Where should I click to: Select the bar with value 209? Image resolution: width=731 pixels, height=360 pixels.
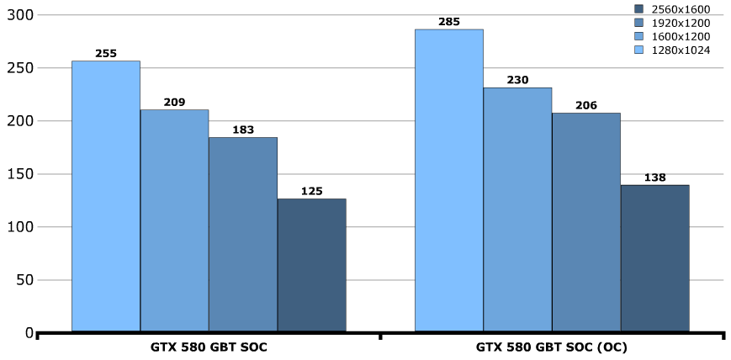[x=174, y=220]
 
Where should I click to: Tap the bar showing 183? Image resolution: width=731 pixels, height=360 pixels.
[x=243, y=235]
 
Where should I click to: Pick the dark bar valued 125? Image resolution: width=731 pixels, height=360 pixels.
[x=311, y=265]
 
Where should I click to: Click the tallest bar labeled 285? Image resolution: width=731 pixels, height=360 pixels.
[x=449, y=180]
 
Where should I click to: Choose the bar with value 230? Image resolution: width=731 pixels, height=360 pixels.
[x=517, y=209]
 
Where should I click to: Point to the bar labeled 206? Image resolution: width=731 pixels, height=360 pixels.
[x=586, y=222]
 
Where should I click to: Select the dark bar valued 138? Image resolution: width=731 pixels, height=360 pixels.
[x=654, y=258]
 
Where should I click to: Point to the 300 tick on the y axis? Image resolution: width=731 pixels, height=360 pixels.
[x=18, y=15]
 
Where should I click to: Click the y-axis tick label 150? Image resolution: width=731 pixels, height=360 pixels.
[x=18, y=174]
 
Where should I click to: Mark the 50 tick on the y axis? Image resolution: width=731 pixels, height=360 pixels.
[x=22, y=280]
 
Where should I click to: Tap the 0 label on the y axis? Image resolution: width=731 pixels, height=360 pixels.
[x=29, y=333]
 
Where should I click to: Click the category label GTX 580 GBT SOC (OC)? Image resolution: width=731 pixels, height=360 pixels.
[x=552, y=347]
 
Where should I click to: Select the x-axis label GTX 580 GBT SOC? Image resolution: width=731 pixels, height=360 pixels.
[x=209, y=347]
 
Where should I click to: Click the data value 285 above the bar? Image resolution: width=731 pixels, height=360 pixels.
[x=449, y=22]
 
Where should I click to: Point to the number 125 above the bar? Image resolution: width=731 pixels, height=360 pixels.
[x=311, y=191]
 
